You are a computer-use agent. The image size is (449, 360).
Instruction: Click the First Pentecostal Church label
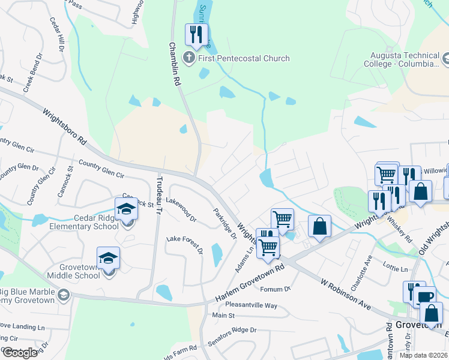[x=244, y=58]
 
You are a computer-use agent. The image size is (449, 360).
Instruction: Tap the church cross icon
[x=189, y=58]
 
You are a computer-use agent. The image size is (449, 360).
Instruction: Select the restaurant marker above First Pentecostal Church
[x=196, y=35]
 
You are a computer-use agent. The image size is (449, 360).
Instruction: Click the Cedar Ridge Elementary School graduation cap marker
[x=127, y=209]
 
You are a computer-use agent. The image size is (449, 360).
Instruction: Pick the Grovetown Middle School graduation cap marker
[x=108, y=258]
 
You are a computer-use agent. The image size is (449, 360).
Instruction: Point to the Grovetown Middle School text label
[x=71, y=271]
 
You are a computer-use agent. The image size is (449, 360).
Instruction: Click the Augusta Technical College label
[x=400, y=58]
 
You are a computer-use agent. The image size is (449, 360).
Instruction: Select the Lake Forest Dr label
[x=184, y=245]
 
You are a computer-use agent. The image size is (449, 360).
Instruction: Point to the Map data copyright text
[x=423, y=355]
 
